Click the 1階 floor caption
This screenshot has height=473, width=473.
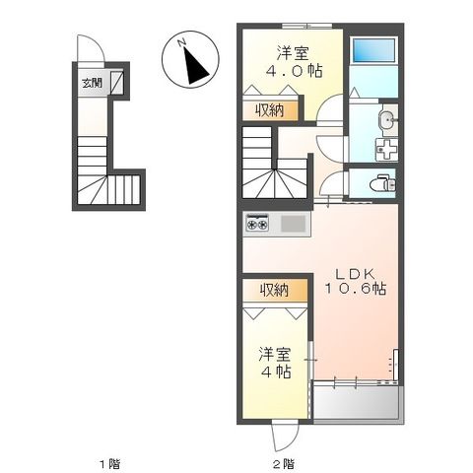tap(107, 462)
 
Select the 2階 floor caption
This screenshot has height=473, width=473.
tap(283, 462)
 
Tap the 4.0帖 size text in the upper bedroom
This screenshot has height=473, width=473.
tap(294, 71)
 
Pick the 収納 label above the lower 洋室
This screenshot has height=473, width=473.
tap(274, 290)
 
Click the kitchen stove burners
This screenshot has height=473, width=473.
tap(258, 224)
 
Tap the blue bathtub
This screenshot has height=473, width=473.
tap(374, 50)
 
